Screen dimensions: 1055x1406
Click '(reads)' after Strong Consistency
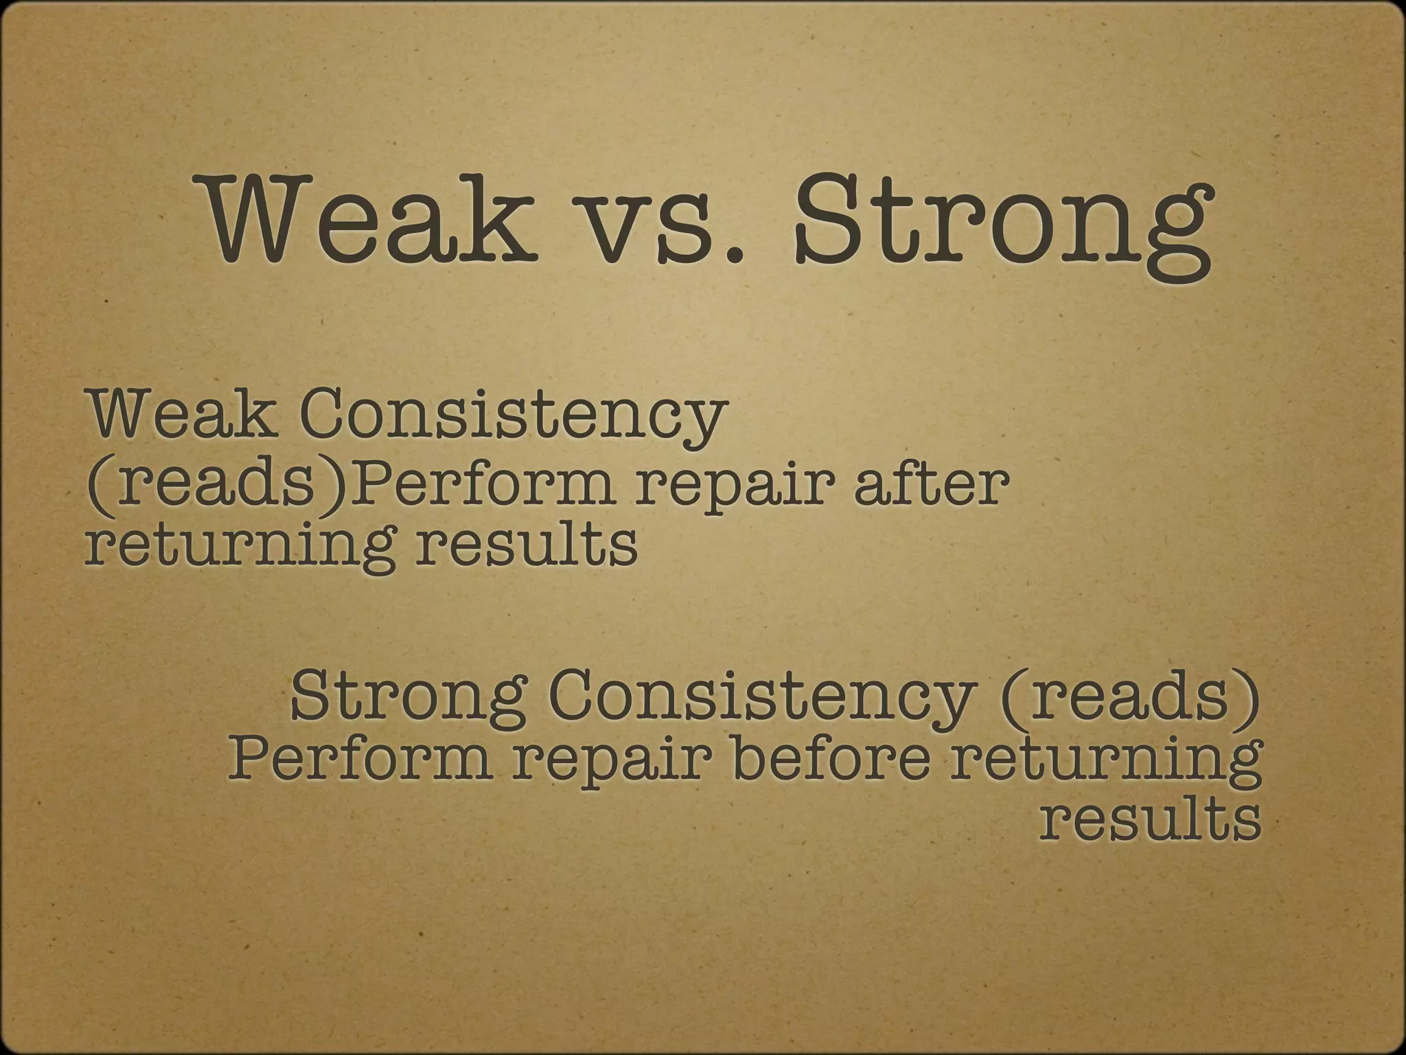coord(1130,696)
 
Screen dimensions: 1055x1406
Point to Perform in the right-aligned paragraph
coord(360,760)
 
